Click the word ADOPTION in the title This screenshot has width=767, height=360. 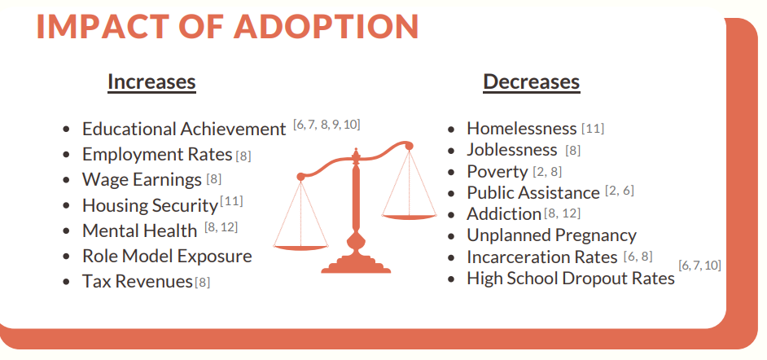pos(326,26)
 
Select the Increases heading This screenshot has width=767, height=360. pos(151,81)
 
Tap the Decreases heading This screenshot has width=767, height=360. pos(531,81)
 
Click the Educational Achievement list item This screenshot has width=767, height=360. pos(184,130)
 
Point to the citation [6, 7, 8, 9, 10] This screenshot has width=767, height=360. pos(327,125)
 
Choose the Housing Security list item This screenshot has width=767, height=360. pos(150,205)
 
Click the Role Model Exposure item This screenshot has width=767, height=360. pos(167,257)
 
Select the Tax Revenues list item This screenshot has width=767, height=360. pos(138,282)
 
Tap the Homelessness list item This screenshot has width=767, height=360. pos(522,128)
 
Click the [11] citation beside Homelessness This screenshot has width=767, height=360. pos(593,129)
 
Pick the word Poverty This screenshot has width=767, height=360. pos(497,172)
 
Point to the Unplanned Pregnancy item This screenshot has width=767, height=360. pos(552,235)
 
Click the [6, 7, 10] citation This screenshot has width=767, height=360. pos(699,266)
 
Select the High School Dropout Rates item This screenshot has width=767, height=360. pos(571,279)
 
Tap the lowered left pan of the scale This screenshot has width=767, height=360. pos(300,248)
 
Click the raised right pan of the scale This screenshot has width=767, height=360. pos(409,217)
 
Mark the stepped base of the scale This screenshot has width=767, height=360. pos(356,266)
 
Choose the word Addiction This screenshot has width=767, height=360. pos(504,214)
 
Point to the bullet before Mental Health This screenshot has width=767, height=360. pos(67,231)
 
